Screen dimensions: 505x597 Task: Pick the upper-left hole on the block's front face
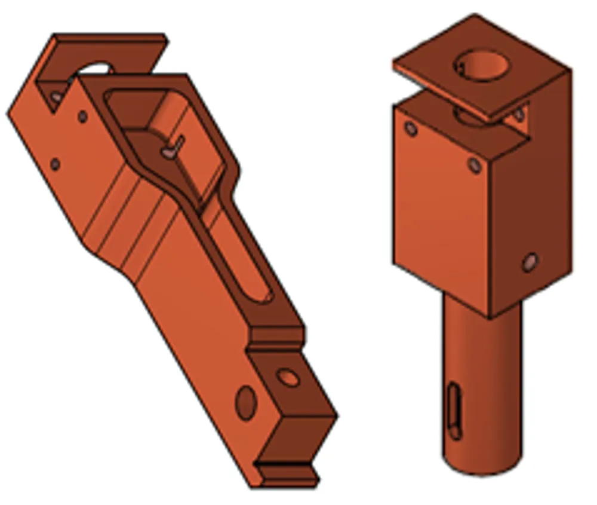[411, 128]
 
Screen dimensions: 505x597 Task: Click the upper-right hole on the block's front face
[475, 164]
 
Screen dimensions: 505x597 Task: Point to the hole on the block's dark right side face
[530, 262]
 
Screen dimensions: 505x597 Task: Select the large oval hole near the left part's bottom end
[245, 402]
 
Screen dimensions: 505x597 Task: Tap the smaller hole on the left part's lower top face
[288, 377]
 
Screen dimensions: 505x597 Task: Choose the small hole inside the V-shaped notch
[57, 96]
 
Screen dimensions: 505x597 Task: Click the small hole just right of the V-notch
[82, 117]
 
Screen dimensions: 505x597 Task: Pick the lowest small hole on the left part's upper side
[55, 163]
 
